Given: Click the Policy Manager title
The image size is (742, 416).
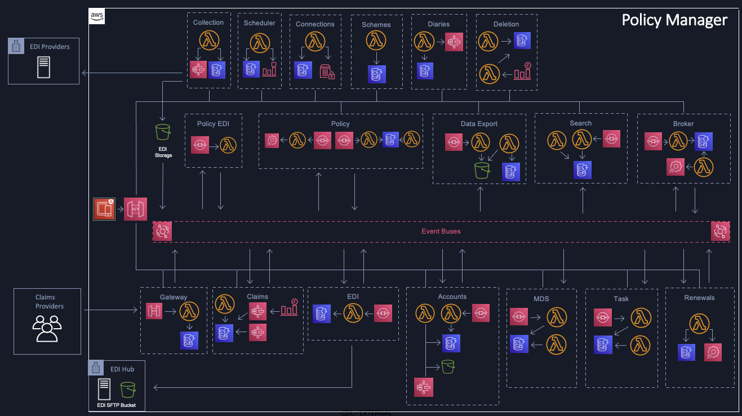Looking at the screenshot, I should [674, 20].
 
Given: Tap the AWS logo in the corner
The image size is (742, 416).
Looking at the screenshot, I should [97, 16].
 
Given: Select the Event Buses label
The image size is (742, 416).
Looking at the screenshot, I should [441, 231].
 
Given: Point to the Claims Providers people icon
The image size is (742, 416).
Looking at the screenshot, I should [47, 329].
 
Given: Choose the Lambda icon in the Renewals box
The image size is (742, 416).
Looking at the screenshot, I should [699, 323].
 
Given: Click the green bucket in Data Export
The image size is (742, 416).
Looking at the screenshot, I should [482, 170].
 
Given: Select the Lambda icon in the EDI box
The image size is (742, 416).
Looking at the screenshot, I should [353, 313].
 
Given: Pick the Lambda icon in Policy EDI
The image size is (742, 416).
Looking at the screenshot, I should [228, 144].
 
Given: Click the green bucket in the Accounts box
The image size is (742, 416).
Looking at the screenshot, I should [448, 366].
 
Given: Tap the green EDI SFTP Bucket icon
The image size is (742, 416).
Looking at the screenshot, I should [128, 390].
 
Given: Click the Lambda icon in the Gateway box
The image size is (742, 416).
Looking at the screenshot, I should [189, 311].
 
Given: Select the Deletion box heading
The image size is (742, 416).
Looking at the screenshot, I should [506, 24].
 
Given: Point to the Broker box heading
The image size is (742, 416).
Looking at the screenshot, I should [683, 124].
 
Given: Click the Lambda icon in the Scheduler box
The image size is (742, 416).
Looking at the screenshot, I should [259, 43].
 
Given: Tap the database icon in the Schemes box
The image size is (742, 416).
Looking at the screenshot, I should [376, 74].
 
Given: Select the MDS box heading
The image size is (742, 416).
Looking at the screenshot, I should [541, 298].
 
